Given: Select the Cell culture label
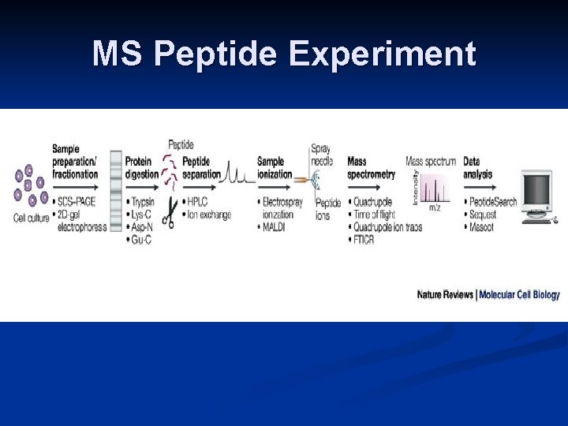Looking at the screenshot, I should pos(31,218).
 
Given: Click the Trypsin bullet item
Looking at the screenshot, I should pos(148,202).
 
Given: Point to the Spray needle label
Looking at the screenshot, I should pos(321,155).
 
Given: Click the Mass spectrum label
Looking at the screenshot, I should pos(430,161).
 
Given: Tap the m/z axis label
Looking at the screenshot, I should pos(435,207).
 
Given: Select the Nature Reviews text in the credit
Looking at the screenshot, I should pos(445,294).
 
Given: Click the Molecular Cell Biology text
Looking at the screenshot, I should pos(519,294).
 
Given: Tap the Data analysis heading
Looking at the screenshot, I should pos(477,167).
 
